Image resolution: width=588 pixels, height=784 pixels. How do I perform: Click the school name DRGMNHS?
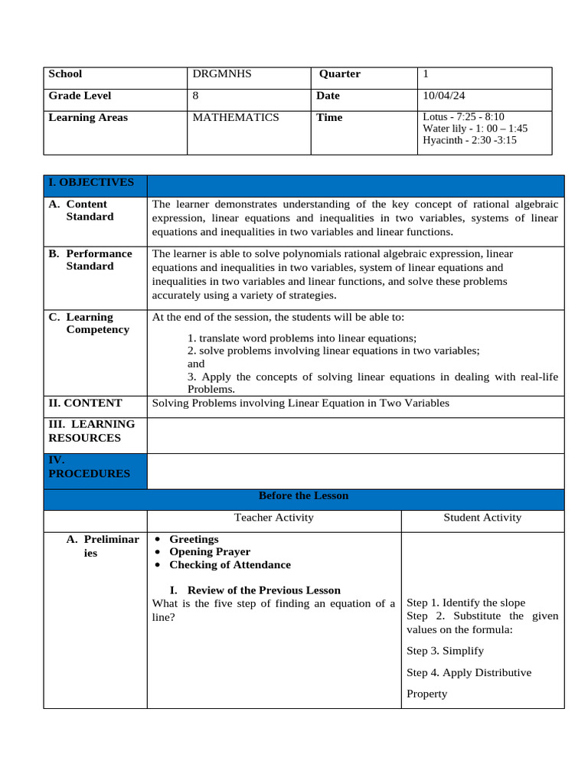[x=222, y=74]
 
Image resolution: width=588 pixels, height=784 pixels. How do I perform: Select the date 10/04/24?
[x=444, y=96]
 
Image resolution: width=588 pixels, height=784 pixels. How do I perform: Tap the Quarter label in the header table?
[x=340, y=74]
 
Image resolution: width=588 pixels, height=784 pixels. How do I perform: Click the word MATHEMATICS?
[x=236, y=117]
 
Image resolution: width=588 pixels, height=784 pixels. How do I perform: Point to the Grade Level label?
[x=80, y=96]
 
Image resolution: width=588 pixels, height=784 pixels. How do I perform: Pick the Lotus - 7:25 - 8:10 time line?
[x=463, y=117]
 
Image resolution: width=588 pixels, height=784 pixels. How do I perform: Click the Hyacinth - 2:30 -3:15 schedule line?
[x=469, y=140]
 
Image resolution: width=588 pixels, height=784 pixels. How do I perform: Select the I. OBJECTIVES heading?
[x=91, y=182]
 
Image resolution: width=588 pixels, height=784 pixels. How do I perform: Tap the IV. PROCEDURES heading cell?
[x=89, y=467]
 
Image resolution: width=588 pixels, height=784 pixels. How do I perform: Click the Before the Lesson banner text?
[x=303, y=495]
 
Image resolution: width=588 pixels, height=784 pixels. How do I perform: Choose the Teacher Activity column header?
[x=274, y=518]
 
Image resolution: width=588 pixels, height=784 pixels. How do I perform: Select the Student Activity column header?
[x=482, y=518]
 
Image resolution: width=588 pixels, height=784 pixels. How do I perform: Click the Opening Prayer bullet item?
[x=210, y=551]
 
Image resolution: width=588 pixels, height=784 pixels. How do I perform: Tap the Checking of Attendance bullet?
[x=230, y=564]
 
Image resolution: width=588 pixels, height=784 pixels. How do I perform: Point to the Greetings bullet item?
[x=194, y=539]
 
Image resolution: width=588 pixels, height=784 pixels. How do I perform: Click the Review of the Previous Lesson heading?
[x=263, y=590]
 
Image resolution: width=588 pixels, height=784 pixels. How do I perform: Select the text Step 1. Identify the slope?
[x=465, y=603]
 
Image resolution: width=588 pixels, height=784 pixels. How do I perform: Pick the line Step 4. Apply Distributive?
[x=469, y=672]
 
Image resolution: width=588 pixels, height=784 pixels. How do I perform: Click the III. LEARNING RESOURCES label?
[x=91, y=430]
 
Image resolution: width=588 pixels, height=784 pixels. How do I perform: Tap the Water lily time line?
[x=475, y=129]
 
